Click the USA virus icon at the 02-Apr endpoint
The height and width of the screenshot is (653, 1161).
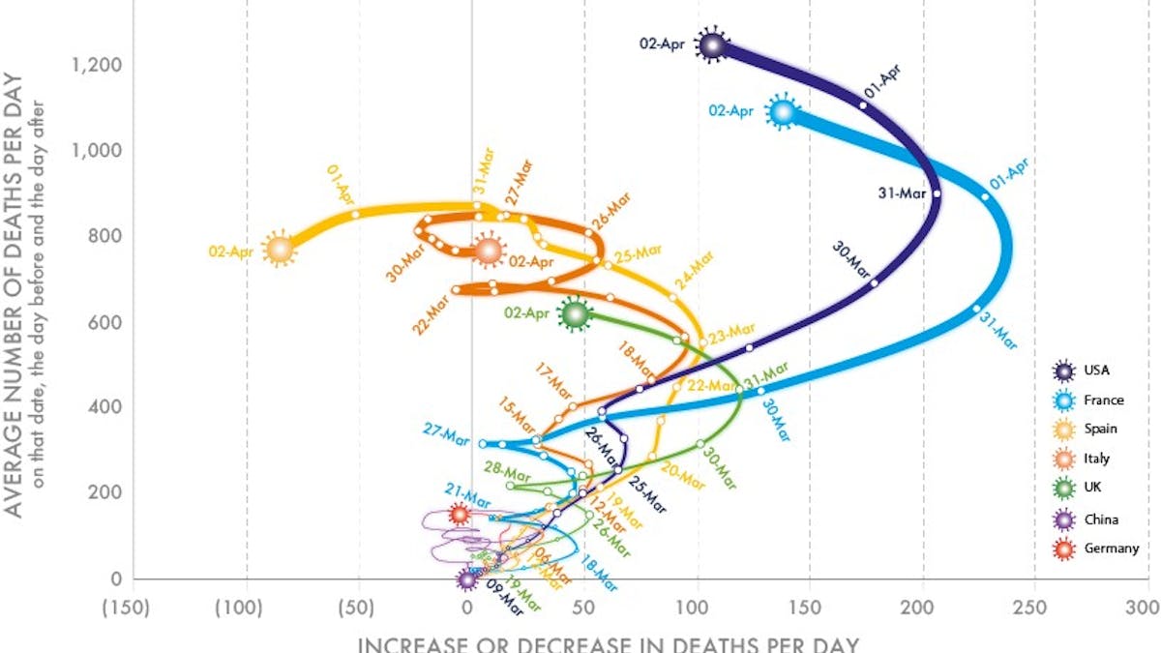click(x=713, y=45)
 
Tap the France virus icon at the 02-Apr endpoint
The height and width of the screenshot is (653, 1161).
click(x=783, y=113)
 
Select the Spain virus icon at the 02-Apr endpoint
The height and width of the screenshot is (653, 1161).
click(x=280, y=250)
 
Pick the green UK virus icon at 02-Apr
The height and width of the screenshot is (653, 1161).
click(x=576, y=313)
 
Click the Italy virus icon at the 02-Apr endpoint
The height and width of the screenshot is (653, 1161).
click(x=489, y=251)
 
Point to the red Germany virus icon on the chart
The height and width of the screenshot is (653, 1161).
click(x=460, y=515)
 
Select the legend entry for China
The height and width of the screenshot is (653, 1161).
click(x=1084, y=519)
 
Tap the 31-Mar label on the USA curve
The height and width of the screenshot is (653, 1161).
click(x=902, y=193)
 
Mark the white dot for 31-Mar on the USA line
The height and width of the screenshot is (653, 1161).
click(x=937, y=193)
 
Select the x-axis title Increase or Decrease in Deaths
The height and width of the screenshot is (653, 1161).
click(x=608, y=643)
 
